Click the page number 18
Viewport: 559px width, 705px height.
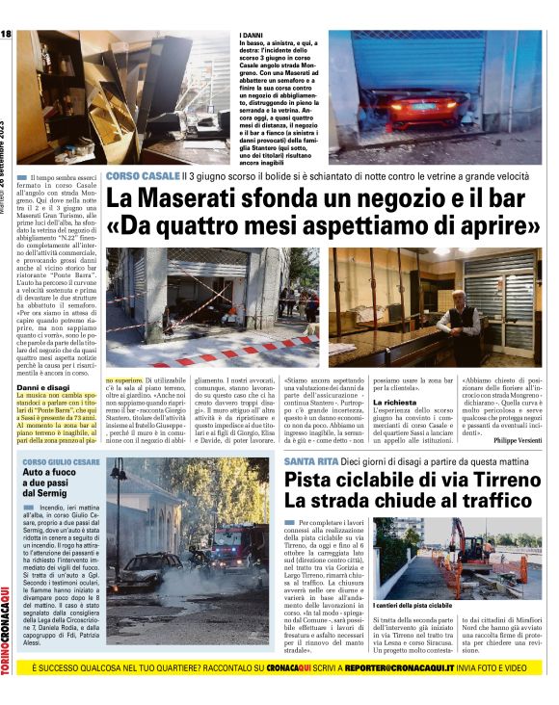[x=6, y=35]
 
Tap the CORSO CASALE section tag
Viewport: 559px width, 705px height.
[x=143, y=176]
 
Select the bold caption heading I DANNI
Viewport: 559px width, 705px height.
[x=253, y=36]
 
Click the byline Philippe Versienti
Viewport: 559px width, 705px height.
[x=516, y=440]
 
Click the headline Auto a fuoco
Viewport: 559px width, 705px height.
[x=49, y=474]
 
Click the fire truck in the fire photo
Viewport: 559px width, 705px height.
[x=227, y=545]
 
